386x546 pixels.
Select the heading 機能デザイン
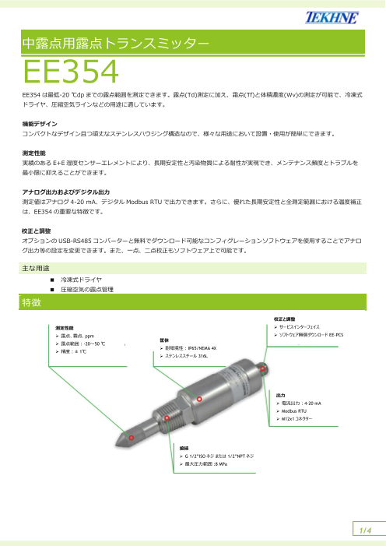pos(43,123)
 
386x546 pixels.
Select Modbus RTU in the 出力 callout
pos(308,411)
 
